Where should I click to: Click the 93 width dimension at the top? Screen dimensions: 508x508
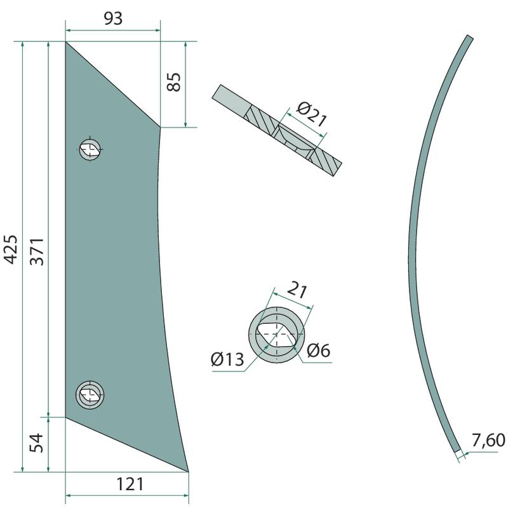pos(113,19)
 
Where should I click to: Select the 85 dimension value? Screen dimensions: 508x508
pos(174,82)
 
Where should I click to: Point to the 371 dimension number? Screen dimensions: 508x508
pos(37,251)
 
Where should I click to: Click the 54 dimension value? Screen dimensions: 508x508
pos(36,443)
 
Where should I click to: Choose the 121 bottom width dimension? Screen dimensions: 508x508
pos(130,485)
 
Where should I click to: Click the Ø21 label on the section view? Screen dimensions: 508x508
pos(311,114)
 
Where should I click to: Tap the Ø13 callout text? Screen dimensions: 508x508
pos(227,359)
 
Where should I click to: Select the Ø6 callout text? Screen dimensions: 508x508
pos(318,351)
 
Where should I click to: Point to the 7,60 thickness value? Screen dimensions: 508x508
pos(488,440)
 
